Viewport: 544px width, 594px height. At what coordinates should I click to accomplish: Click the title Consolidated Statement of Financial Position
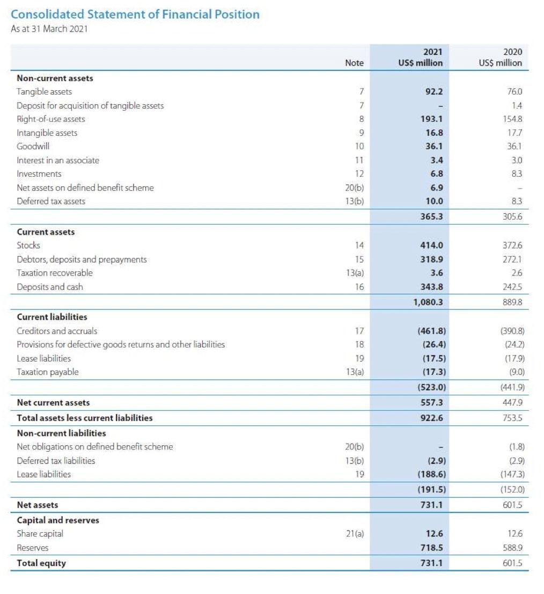(x=135, y=15)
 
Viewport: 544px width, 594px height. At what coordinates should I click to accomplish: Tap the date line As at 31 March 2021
(x=49, y=29)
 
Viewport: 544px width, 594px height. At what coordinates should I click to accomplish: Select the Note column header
(x=354, y=63)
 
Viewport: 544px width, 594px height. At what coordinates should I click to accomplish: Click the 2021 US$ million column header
(x=421, y=57)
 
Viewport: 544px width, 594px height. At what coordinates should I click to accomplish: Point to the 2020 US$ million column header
(x=500, y=57)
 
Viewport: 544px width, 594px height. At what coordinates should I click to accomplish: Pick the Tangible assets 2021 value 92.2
(x=433, y=92)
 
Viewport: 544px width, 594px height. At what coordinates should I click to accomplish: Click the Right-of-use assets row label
(x=51, y=119)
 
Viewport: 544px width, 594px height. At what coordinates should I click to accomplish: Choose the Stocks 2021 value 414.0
(x=432, y=245)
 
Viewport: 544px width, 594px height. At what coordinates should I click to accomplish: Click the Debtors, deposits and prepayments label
(x=82, y=259)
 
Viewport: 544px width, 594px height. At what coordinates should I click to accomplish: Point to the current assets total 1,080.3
(x=428, y=302)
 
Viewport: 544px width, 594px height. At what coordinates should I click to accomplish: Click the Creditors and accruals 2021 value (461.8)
(x=432, y=331)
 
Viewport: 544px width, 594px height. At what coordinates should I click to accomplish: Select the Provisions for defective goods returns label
(x=121, y=344)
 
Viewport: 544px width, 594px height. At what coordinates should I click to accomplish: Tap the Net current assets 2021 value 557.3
(x=432, y=402)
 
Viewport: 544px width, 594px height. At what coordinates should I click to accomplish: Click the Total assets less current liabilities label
(x=85, y=417)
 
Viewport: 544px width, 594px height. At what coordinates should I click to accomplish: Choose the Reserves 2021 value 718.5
(x=432, y=548)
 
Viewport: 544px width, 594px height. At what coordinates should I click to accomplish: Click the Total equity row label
(x=42, y=563)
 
